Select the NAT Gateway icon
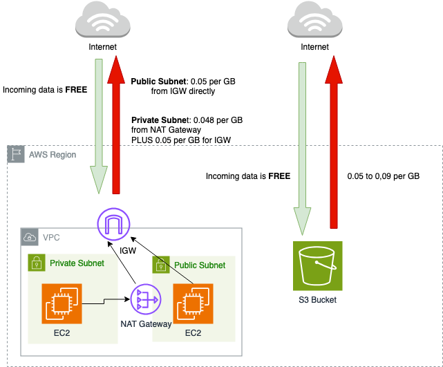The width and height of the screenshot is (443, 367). [x=144, y=301]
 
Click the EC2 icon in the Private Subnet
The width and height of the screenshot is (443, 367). [x=62, y=303]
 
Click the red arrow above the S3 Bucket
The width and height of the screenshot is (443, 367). [x=334, y=138]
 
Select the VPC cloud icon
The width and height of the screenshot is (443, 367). [x=29, y=236]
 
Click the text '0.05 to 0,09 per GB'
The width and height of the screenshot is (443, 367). [x=384, y=176]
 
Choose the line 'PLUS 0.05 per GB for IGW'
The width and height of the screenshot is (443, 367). [x=180, y=140]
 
